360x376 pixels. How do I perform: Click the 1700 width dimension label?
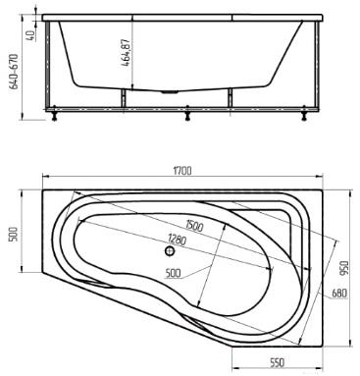click(182, 171)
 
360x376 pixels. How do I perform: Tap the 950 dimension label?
click(345, 267)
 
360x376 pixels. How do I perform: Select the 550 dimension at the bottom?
click(277, 362)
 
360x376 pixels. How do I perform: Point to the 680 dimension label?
click(339, 294)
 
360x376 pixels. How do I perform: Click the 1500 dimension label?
click(194, 226)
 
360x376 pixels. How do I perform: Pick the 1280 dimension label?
click(177, 240)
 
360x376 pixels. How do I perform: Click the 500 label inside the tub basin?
click(173, 273)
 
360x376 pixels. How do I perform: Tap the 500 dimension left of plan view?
click(14, 234)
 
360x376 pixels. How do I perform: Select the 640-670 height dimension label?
click(14, 72)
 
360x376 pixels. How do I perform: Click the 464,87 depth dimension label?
click(126, 53)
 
